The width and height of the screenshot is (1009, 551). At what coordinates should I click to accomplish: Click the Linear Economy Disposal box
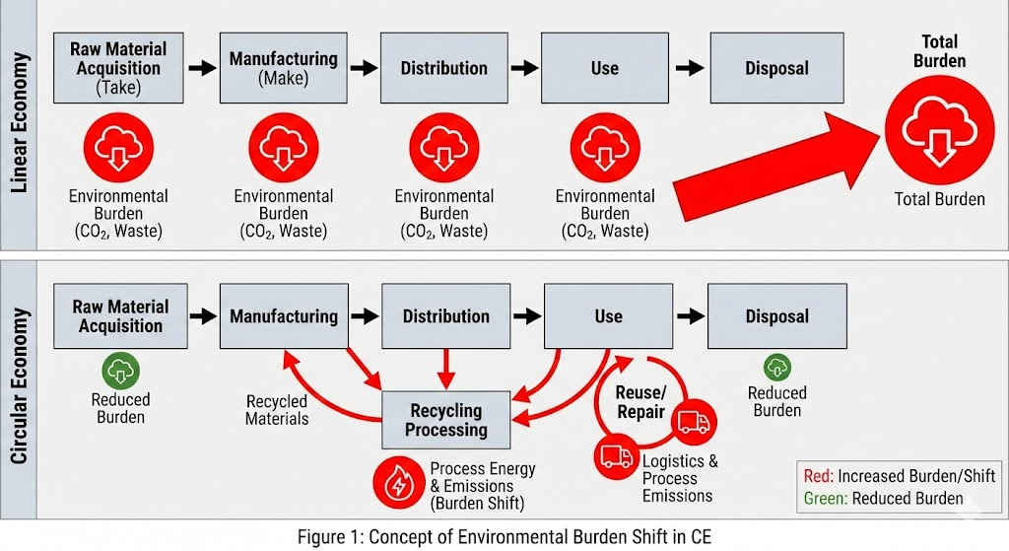click(x=776, y=68)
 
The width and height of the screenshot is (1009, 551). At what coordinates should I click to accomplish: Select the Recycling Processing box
click(x=446, y=419)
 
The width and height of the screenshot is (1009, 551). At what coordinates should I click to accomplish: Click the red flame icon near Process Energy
click(x=398, y=483)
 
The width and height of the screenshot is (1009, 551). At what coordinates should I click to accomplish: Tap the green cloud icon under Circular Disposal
click(x=777, y=368)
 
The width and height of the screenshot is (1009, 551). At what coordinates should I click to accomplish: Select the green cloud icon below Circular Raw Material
click(x=121, y=371)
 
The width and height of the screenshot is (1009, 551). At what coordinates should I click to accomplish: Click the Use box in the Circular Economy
click(x=608, y=316)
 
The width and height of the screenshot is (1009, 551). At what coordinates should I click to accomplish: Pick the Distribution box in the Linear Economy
click(x=443, y=68)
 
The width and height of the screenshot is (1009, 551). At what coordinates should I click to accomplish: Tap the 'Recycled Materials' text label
click(x=277, y=410)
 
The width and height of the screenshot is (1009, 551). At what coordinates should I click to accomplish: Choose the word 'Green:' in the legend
click(x=826, y=498)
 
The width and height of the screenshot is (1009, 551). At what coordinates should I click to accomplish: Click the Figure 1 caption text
click(x=504, y=536)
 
